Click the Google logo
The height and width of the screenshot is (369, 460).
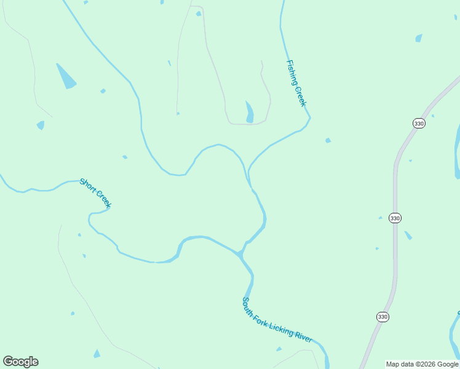click(21, 362)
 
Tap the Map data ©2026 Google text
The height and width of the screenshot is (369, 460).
click(422, 364)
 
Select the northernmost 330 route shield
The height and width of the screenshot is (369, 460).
click(419, 124)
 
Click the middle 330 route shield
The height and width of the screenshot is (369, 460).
click(395, 218)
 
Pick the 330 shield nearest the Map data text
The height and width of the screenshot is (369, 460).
click(383, 317)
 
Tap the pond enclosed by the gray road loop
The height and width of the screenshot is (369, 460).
click(250, 112)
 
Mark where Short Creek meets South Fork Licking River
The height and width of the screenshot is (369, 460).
click(241, 253)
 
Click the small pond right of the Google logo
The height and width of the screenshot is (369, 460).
click(97, 354)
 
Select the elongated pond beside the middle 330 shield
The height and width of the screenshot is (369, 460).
click(408, 235)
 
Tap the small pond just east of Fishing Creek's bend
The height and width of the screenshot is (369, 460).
click(328, 140)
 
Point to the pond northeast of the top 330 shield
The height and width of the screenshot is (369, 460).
click(419, 38)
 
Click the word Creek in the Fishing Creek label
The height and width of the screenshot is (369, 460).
click(301, 96)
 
